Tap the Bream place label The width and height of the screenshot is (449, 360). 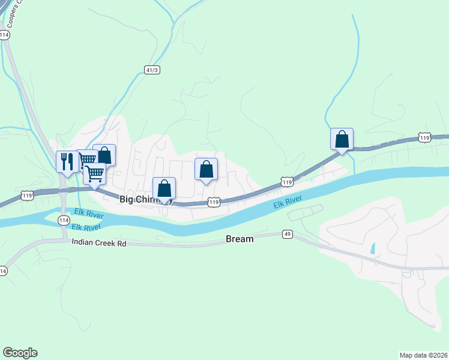[x=240, y=239]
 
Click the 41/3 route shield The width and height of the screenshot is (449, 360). [x=152, y=70]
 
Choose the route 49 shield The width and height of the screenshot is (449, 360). [x=288, y=234]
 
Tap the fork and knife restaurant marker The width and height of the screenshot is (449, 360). [x=67, y=161]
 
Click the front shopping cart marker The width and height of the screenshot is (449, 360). [x=94, y=174]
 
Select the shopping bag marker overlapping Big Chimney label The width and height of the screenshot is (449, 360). [x=164, y=188]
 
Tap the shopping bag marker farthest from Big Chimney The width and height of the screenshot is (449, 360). [x=342, y=139]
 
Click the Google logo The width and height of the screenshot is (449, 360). [x=20, y=353]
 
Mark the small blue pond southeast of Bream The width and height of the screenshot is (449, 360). [x=373, y=248]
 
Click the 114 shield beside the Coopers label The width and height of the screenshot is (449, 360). [x=5, y=35]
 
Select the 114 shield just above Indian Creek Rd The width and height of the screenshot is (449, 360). [x=64, y=221]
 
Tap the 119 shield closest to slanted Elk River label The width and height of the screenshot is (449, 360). [x=286, y=182]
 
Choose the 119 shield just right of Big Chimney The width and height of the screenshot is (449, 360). [x=214, y=203]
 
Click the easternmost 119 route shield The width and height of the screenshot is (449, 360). [x=424, y=138]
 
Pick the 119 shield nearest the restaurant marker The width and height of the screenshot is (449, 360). [x=26, y=196]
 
